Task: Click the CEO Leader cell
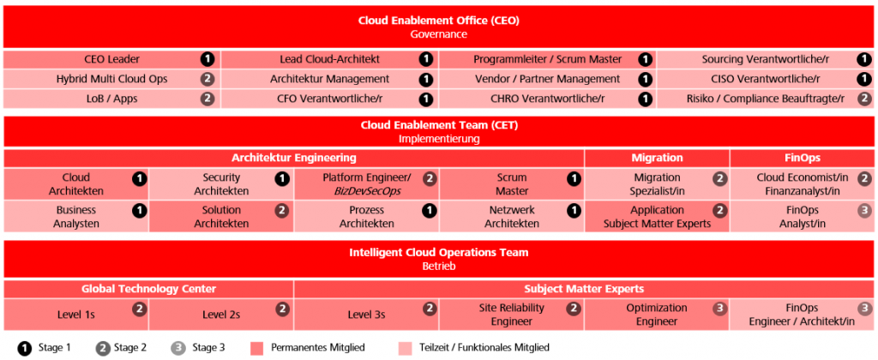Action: (x=112, y=59)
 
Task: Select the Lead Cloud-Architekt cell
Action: (x=330, y=59)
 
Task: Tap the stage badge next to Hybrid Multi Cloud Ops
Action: (x=207, y=79)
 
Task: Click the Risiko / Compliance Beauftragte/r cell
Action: (x=765, y=99)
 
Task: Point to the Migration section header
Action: (x=657, y=158)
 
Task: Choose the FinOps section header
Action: (x=802, y=158)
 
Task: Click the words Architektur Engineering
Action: (x=294, y=158)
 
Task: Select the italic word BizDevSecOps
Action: (x=367, y=190)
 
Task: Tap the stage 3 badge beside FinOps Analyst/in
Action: (x=864, y=211)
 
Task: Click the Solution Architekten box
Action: (x=221, y=217)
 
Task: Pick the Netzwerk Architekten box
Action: (x=512, y=217)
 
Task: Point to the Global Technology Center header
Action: (x=148, y=289)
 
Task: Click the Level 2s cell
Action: (x=221, y=315)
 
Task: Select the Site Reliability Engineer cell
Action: (x=512, y=315)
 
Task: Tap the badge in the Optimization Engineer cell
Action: (x=719, y=309)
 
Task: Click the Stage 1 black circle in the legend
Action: (x=24, y=348)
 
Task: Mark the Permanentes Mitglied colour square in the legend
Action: (x=257, y=348)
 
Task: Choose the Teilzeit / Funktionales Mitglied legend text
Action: (x=483, y=348)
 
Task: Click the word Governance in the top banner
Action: (x=439, y=34)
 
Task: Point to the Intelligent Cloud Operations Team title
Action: (x=439, y=253)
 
